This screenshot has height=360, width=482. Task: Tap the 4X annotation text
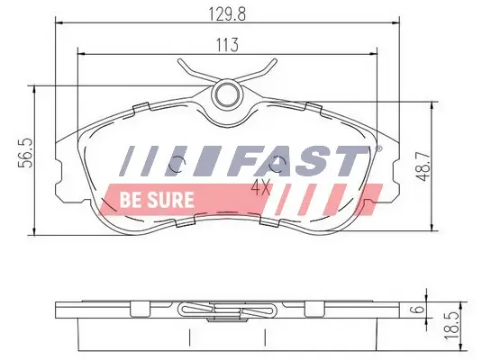tap(261, 189)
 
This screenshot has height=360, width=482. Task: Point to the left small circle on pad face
tap(177, 166)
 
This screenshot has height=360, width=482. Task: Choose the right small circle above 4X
tap(279, 166)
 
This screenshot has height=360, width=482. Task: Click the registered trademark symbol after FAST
tap(377, 148)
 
